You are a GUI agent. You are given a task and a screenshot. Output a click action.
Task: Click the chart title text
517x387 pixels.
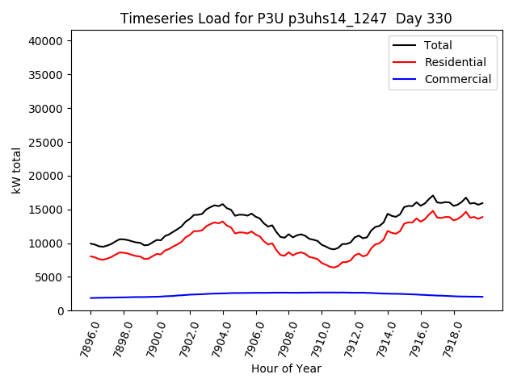286,19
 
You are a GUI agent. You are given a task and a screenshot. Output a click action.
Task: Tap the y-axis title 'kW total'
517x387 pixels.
17,170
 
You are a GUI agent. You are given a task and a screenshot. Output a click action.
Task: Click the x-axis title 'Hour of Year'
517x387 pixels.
286,368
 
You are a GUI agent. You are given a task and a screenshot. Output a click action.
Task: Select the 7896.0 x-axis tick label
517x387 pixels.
84,339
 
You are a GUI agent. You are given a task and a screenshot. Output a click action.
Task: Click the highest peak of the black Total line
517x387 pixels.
433,196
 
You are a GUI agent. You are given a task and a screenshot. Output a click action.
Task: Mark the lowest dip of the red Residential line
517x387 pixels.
334,267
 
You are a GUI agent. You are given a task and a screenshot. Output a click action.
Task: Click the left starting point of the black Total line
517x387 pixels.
90,243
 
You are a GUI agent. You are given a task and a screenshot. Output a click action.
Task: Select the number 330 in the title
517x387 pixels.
440,19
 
